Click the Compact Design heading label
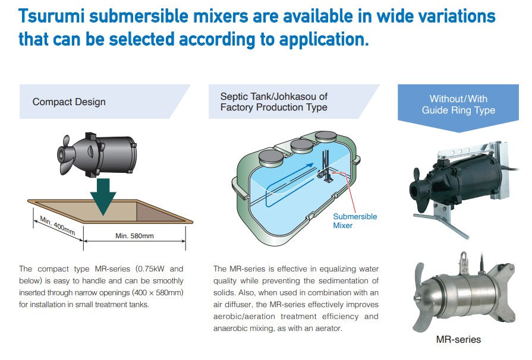(x=69, y=102)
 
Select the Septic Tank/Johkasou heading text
(x=274, y=102)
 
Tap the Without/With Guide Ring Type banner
(x=458, y=104)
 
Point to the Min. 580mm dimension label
(x=134, y=236)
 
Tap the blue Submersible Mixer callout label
(x=355, y=221)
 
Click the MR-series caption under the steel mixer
(x=458, y=340)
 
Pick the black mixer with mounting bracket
(x=461, y=178)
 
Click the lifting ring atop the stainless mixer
(x=462, y=259)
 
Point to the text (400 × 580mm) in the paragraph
(x=158, y=292)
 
